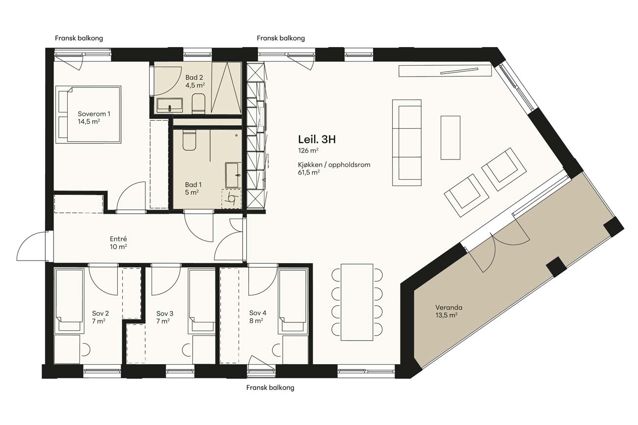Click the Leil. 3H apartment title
[317, 139]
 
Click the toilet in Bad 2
[199, 104]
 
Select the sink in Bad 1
[233, 175]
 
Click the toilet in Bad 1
[189, 140]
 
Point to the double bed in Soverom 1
[88, 114]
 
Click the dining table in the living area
[357, 302]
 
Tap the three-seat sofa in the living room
[407, 143]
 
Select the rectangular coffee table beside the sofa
[451, 137]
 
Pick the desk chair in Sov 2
[85, 349]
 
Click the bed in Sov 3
[202, 301]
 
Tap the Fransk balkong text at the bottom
[270, 387]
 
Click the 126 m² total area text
[308, 150]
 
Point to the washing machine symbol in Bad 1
[231, 199]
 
